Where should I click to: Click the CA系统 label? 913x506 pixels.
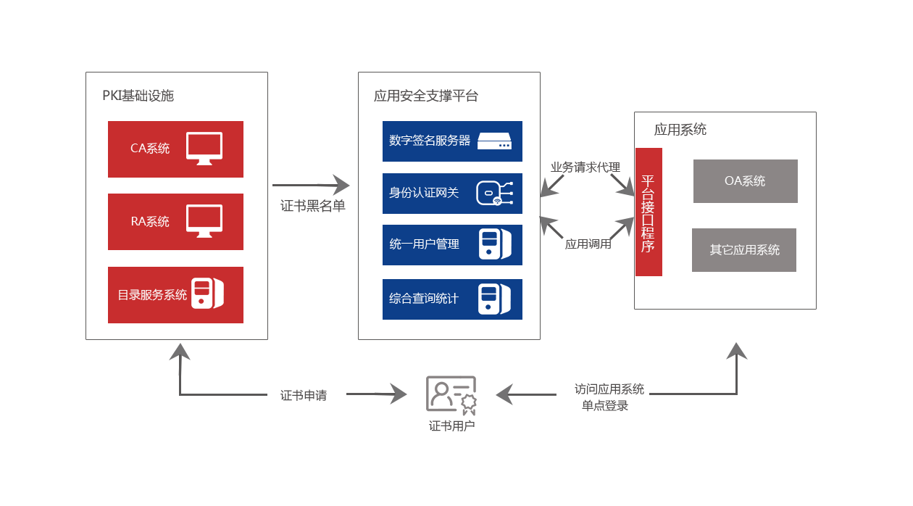[x=150, y=149]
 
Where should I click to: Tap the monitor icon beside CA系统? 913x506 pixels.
[x=204, y=148]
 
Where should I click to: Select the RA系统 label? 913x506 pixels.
[x=150, y=222]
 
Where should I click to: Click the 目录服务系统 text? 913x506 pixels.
[x=152, y=295]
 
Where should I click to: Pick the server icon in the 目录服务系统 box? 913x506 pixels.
[x=207, y=294]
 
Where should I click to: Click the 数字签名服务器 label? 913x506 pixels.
[x=430, y=141]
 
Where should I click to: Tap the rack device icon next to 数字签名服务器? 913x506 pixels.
[x=495, y=141]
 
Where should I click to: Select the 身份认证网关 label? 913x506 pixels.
[x=424, y=193]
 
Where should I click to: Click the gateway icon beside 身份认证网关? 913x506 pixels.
[x=494, y=194]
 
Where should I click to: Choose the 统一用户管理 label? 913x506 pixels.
[x=424, y=245]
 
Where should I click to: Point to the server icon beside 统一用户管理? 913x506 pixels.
[x=495, y=244]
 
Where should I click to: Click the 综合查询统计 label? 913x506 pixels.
[x=424, y=299]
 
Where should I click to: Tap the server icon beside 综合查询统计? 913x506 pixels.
[x=495, y=299]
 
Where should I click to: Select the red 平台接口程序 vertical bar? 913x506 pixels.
[x=649, y=212]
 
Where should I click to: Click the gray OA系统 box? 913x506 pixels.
[x=745, y=181]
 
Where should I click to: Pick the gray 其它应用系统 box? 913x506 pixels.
[x=744, y=250]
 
